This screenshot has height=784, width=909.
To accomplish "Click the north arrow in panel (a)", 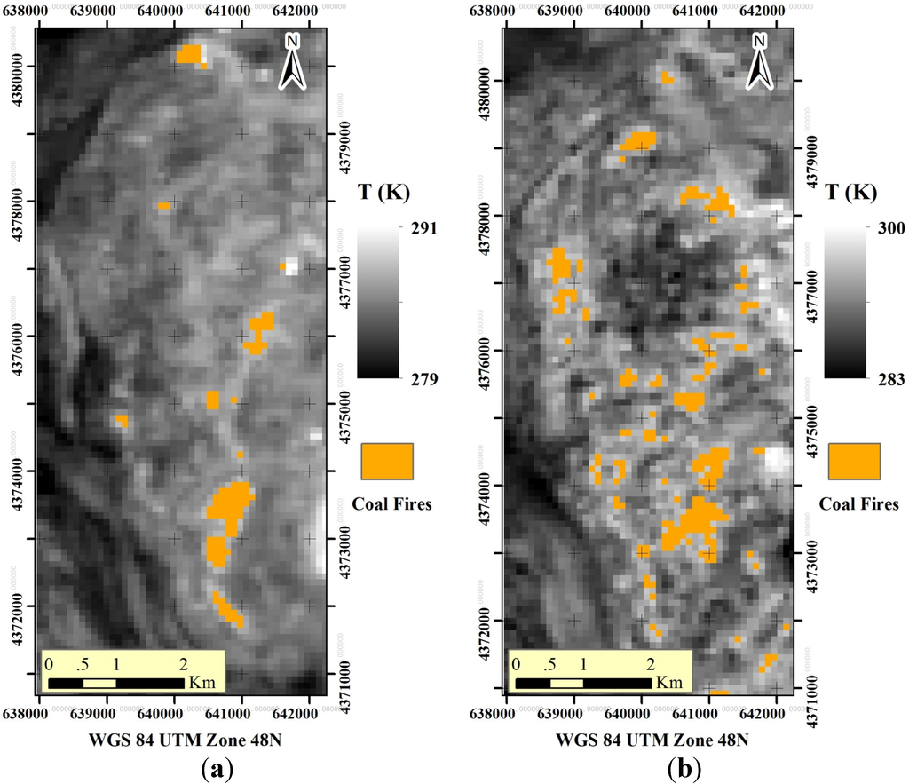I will (292, 62).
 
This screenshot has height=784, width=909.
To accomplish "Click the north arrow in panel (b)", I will (759, 62).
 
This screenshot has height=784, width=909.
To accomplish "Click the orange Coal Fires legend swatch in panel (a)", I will (387, 461).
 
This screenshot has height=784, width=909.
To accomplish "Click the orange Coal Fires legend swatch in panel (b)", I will (854, 461).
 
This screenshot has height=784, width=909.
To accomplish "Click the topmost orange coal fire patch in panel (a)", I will (190, 55).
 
